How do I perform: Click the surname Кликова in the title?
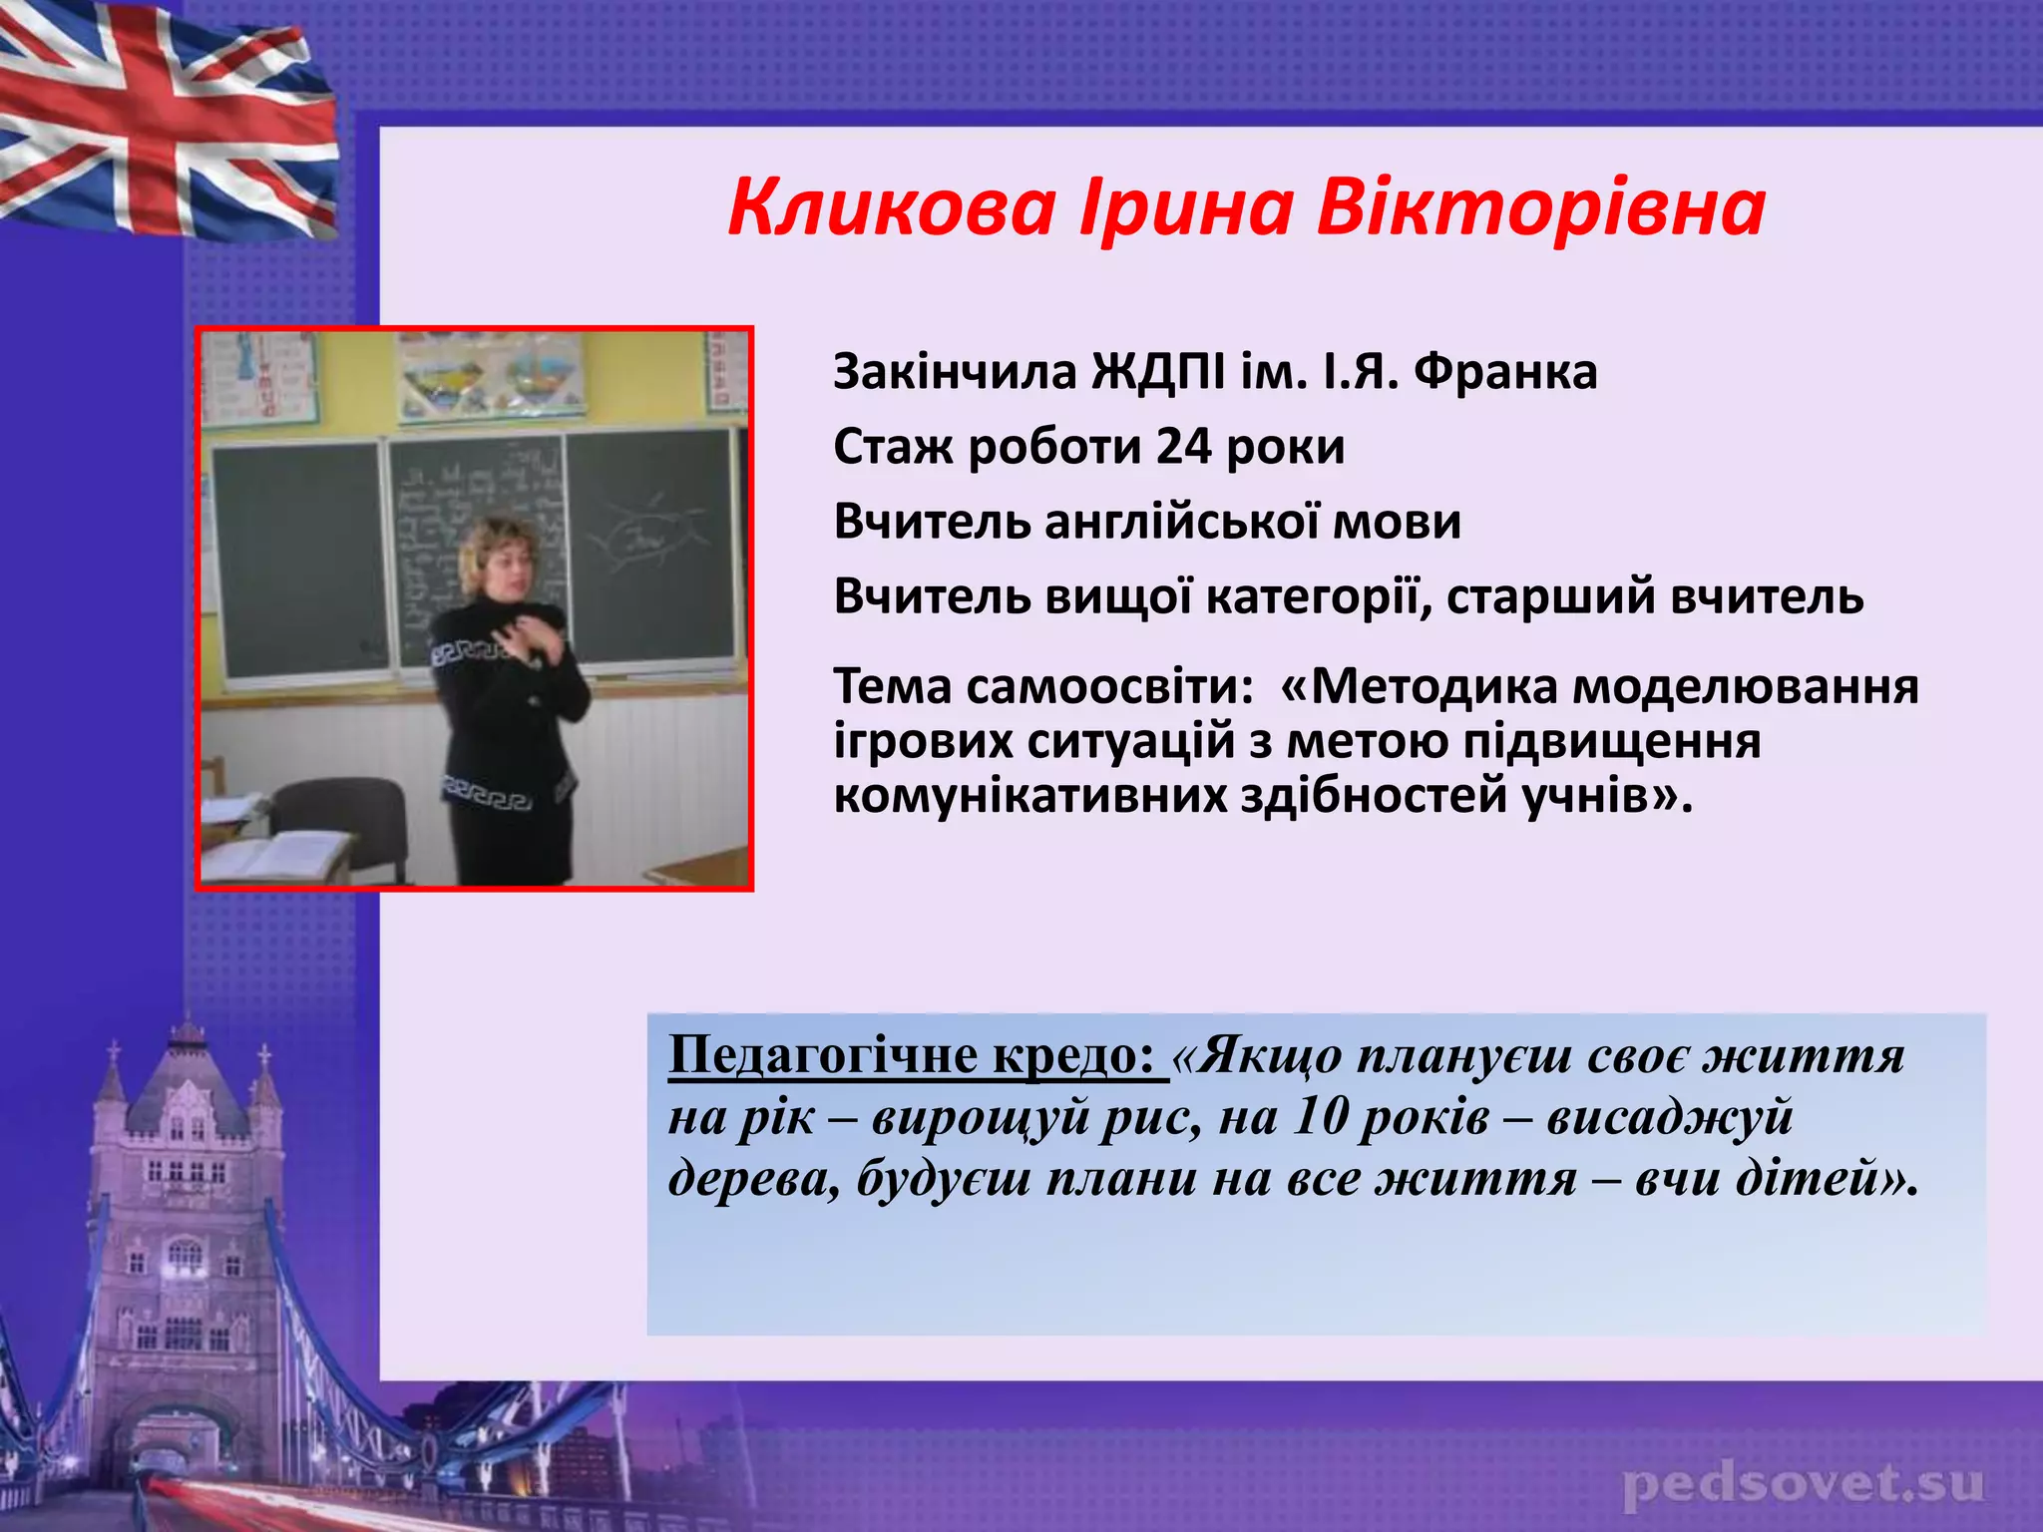[891, 208]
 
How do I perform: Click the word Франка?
[1505, 371]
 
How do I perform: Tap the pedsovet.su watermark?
[1803, 1485]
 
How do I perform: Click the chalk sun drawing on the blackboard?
[643, 532]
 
